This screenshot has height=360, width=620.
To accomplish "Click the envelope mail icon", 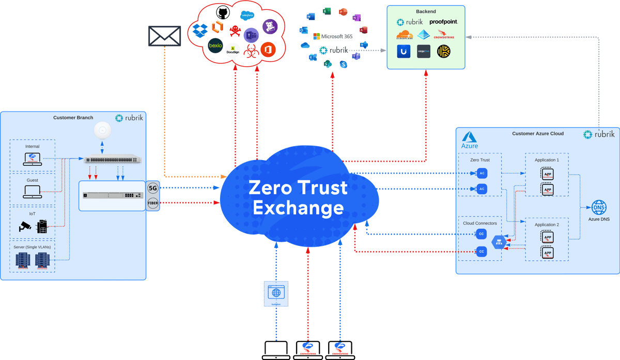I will (x=165, y=36).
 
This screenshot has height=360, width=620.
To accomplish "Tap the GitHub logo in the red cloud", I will (x=222, y=11).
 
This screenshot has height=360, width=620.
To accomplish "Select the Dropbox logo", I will (x=200, y=30).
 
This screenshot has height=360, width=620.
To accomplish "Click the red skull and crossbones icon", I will (x=235, y=30).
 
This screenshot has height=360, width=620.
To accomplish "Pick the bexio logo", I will (x=215, y=46).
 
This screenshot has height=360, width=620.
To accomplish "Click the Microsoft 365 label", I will (x=333, y=36).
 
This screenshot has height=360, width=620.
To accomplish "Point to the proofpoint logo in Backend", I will (x=443, y=22).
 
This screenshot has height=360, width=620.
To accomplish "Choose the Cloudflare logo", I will (x=406, y=35).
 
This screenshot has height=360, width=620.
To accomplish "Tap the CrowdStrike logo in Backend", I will (x=444, y=35).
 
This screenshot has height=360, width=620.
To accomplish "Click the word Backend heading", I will (x=426, y=11).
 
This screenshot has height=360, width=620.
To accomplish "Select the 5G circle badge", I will (x=153, y=189).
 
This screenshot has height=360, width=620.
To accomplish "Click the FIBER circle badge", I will (x=153, y=203).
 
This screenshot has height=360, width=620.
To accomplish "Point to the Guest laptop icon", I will (x=32, y=193).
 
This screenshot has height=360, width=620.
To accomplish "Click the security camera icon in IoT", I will (x=25, y=226).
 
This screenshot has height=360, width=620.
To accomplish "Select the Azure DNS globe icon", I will (x=599, y=208).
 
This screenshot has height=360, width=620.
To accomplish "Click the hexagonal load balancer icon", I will (x=499, y=242).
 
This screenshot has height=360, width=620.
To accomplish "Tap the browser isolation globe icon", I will (x=276, y=293).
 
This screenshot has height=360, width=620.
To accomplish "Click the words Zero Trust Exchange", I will (x=298, y=197).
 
